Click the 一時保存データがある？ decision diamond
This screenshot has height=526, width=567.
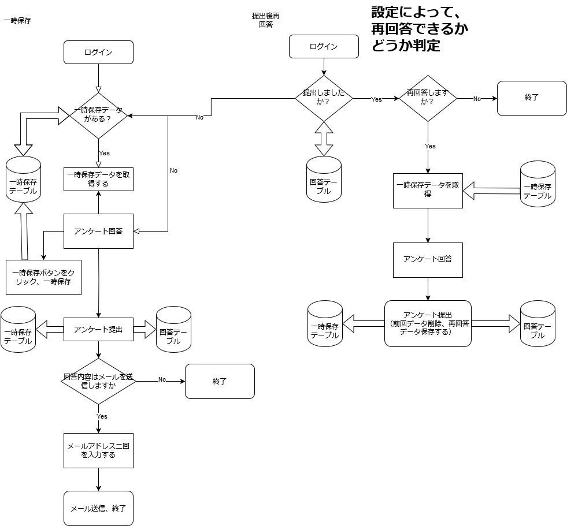[98, 115]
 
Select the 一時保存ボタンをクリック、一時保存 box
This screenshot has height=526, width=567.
[43, 277]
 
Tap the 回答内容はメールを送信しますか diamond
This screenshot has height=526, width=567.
[98, 381]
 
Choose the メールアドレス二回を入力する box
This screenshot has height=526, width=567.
[98, 450]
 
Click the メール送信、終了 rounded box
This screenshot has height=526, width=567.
[98, 508]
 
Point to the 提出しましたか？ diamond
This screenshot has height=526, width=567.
[324, 98]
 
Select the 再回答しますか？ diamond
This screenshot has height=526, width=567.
[428, 98]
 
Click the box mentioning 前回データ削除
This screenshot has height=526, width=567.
[428, 323]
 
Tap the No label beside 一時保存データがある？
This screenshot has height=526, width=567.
[199, 117]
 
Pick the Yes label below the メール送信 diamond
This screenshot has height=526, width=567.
[102, 416]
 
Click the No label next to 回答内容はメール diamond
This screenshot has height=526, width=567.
[162, 379]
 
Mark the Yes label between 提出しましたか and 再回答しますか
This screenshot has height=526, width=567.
[376, 99]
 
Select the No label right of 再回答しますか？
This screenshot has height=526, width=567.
[477, 99]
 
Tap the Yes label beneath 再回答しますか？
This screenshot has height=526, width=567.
[430, 146]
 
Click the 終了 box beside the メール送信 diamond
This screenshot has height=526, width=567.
[220, 381]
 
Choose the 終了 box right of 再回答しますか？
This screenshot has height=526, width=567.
[532, 98]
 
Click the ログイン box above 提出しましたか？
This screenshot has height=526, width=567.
[324, 46]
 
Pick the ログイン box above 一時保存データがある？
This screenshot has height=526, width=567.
[98, 52]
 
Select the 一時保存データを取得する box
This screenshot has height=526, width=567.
[98, 179]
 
